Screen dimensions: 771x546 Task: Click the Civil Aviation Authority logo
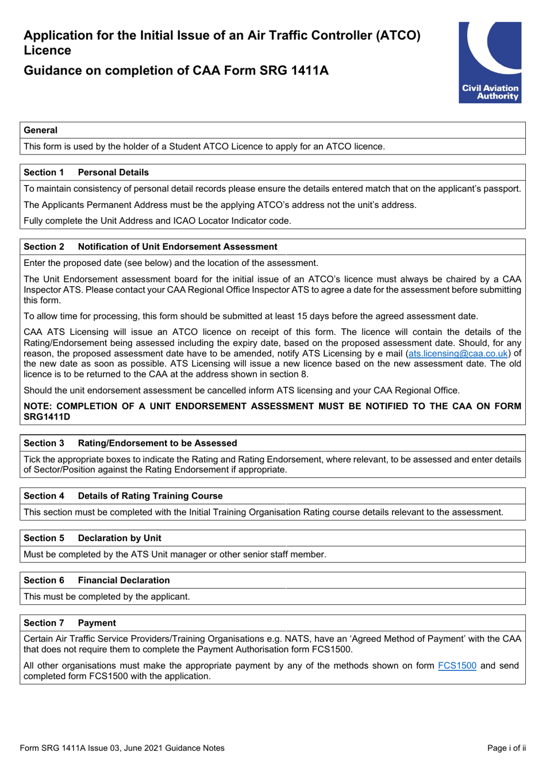tap(490, 63)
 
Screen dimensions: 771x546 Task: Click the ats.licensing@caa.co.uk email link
tap(458, 353)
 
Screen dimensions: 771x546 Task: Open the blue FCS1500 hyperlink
tap(457, 665)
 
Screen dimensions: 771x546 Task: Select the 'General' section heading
tap(40, 130)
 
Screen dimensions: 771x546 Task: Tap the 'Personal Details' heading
tap(113, 172)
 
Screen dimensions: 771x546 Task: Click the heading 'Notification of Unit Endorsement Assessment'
tap(177, 246)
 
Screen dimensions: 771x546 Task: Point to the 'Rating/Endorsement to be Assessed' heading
tap(157, 443)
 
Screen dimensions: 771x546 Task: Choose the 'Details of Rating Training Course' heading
tap(150, 496)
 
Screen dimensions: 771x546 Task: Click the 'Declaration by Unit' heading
tap(120, 538)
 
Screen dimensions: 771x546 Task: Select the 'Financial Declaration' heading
tap(124, 580)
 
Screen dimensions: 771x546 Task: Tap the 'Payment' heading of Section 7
tap(97, 623)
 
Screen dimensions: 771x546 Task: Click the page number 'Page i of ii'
tap(506, 748)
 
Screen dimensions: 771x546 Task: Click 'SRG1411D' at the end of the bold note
tap(47, 417)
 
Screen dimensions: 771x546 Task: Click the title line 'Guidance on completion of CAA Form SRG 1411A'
tap(176, 71)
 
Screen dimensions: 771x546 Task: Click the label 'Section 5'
tap(44, 538)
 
